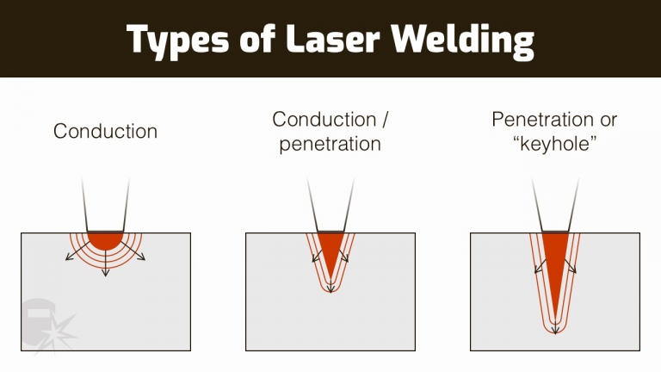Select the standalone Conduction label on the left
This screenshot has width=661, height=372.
(x=106, y=132)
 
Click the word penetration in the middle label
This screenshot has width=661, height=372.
(x=330, y=144)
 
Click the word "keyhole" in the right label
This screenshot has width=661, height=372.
(x=554, y=144)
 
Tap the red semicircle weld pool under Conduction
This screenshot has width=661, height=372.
(x=106, y=239)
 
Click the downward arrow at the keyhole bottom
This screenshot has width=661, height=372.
(x=554, y=331)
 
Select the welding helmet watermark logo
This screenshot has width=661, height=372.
(x=43, y=319)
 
